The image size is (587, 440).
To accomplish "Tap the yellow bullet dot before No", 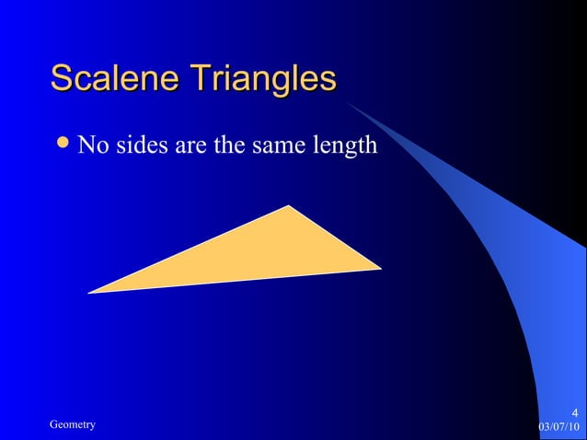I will [63, 144].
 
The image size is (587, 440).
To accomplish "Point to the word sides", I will [135, 145].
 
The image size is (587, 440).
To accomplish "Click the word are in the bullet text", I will [185, 146].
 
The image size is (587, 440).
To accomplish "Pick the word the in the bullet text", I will [224, 145].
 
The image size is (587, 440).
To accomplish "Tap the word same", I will [275, 146].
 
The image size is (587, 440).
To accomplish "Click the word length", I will [345, 146].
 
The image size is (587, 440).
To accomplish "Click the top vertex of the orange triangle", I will [290, 206].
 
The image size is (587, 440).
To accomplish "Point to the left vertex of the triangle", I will [90, 293].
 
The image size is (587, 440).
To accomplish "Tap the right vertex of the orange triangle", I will [379, 269].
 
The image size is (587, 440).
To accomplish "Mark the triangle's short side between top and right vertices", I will [335, 237].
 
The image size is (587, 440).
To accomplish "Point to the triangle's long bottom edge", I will [235, 281].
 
